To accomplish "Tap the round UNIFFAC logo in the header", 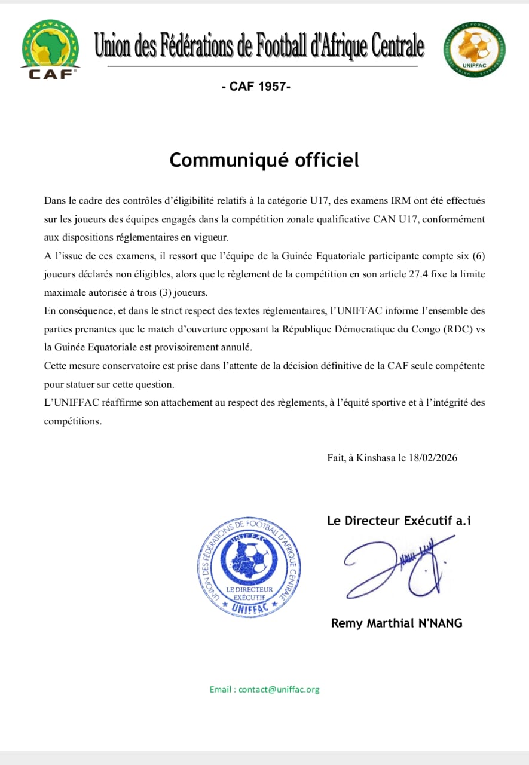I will tap(475, 49).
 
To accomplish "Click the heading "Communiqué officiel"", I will tap(264, 160).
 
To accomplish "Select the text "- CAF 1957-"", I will tap(256, 87).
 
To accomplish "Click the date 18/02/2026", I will tap(433, 458).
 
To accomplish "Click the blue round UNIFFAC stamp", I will tap(249, 565).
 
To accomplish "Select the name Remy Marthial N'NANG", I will tap(397, 623).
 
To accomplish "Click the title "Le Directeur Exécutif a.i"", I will tap(399, 521).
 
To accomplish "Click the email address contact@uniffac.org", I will tap(279, 689).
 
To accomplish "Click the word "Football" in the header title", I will tap(282, 45).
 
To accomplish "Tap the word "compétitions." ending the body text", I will tap(73, 421).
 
